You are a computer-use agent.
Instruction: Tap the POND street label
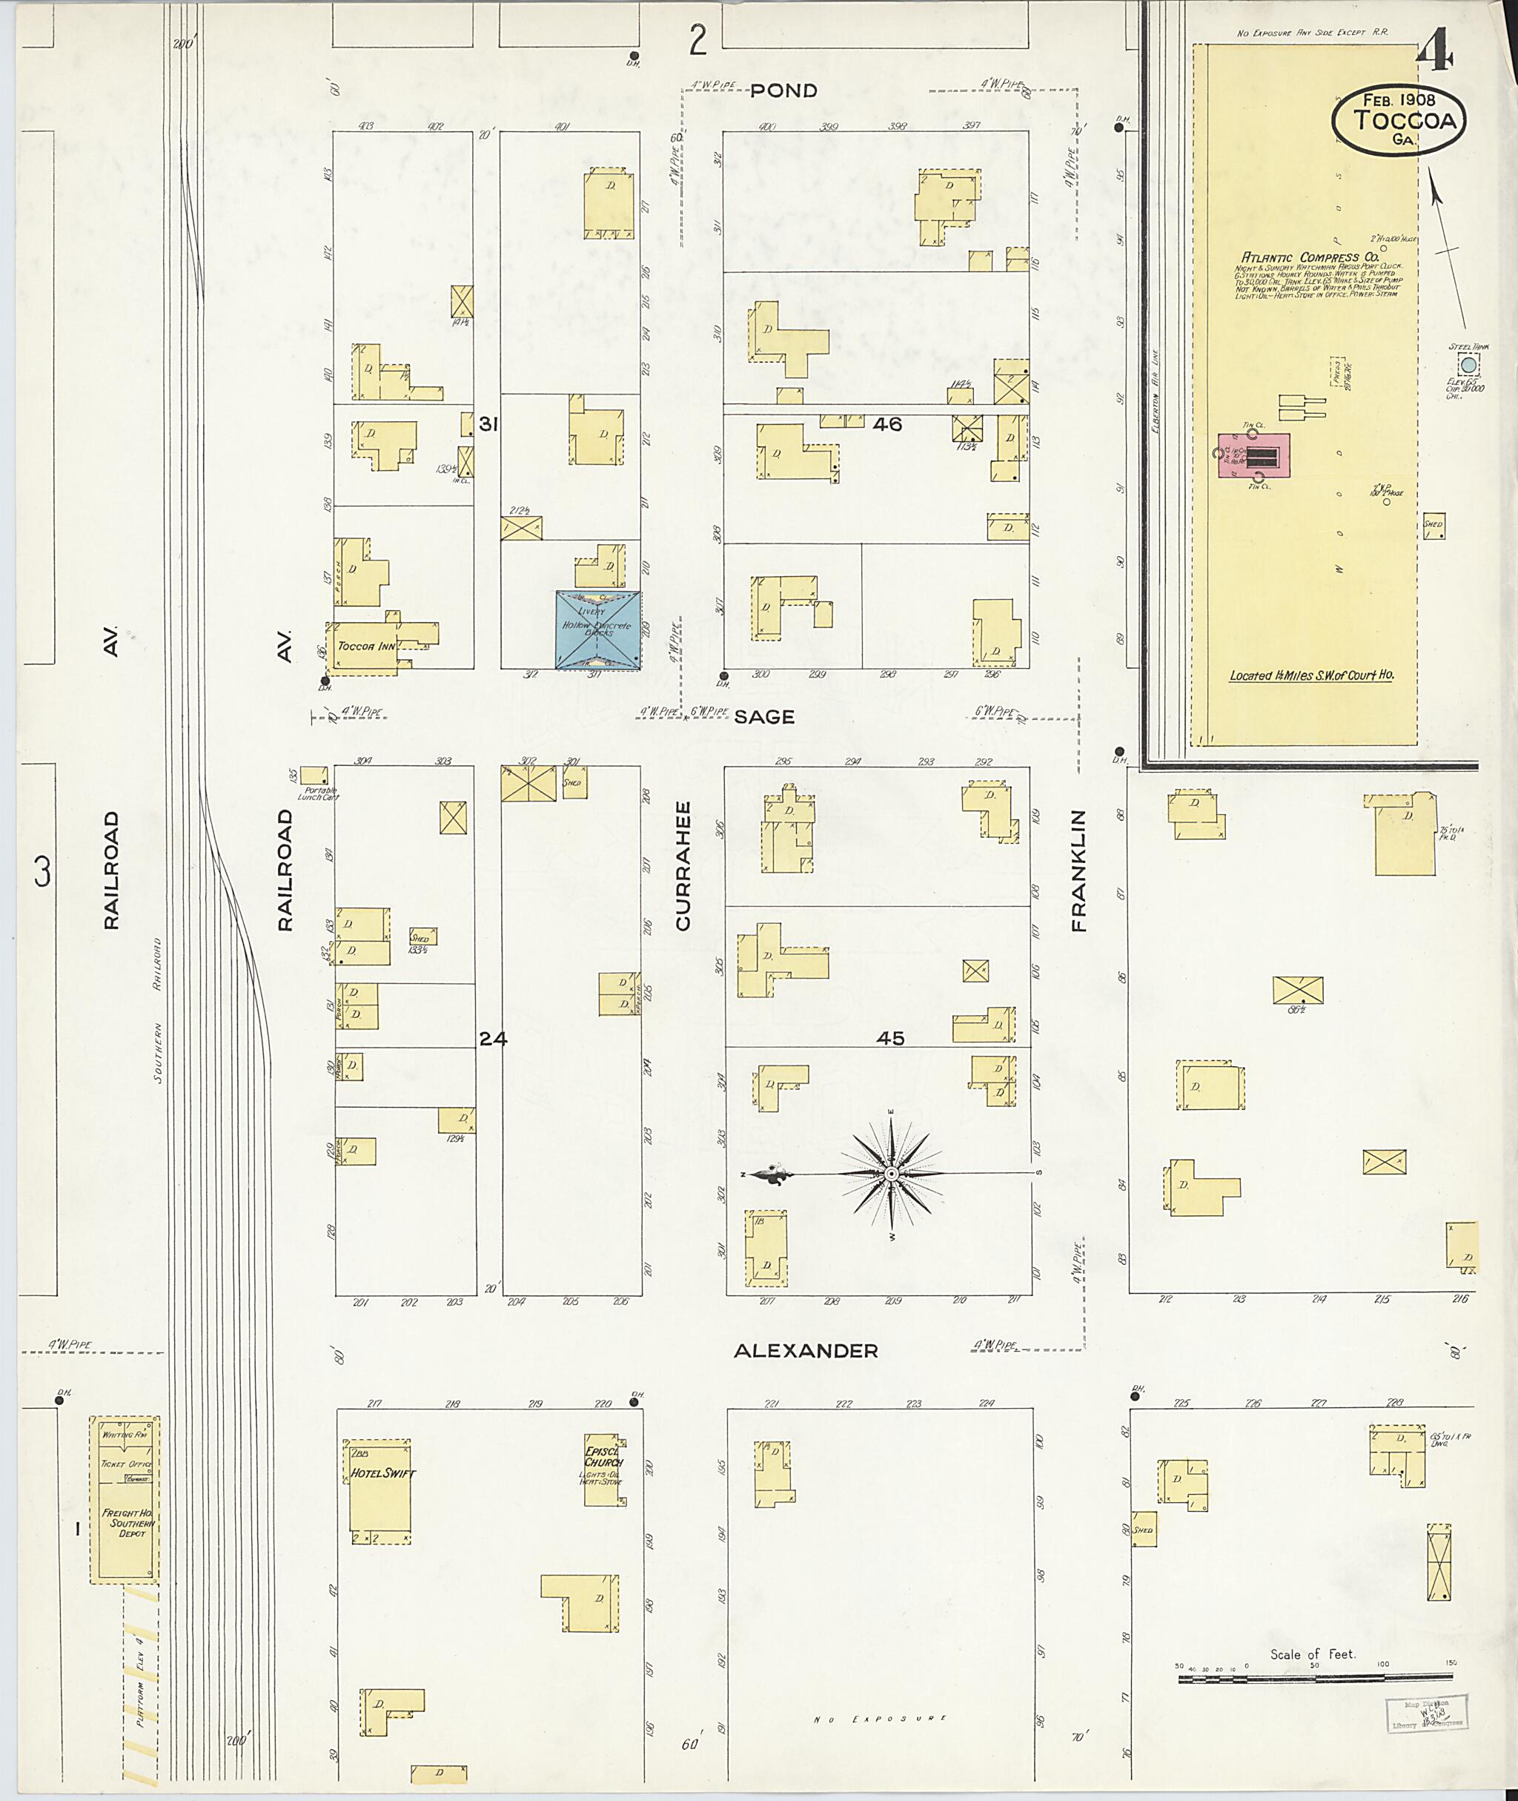click(783, 90)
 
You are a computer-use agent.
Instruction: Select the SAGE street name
click(764, 717)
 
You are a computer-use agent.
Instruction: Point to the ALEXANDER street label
click(806, 1352)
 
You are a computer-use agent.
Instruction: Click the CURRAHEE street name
click(683, 866)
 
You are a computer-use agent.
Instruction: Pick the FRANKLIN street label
click(1079, 870)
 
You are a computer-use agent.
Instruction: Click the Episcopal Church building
click(602, 1470)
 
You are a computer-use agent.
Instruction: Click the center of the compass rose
click(892, 1174)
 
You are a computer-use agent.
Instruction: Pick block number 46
click(887, 424)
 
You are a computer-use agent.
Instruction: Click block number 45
click(889, 1039)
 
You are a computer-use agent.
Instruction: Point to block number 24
click(493, 1039)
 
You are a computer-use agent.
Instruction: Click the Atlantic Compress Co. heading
click(1309, 257)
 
